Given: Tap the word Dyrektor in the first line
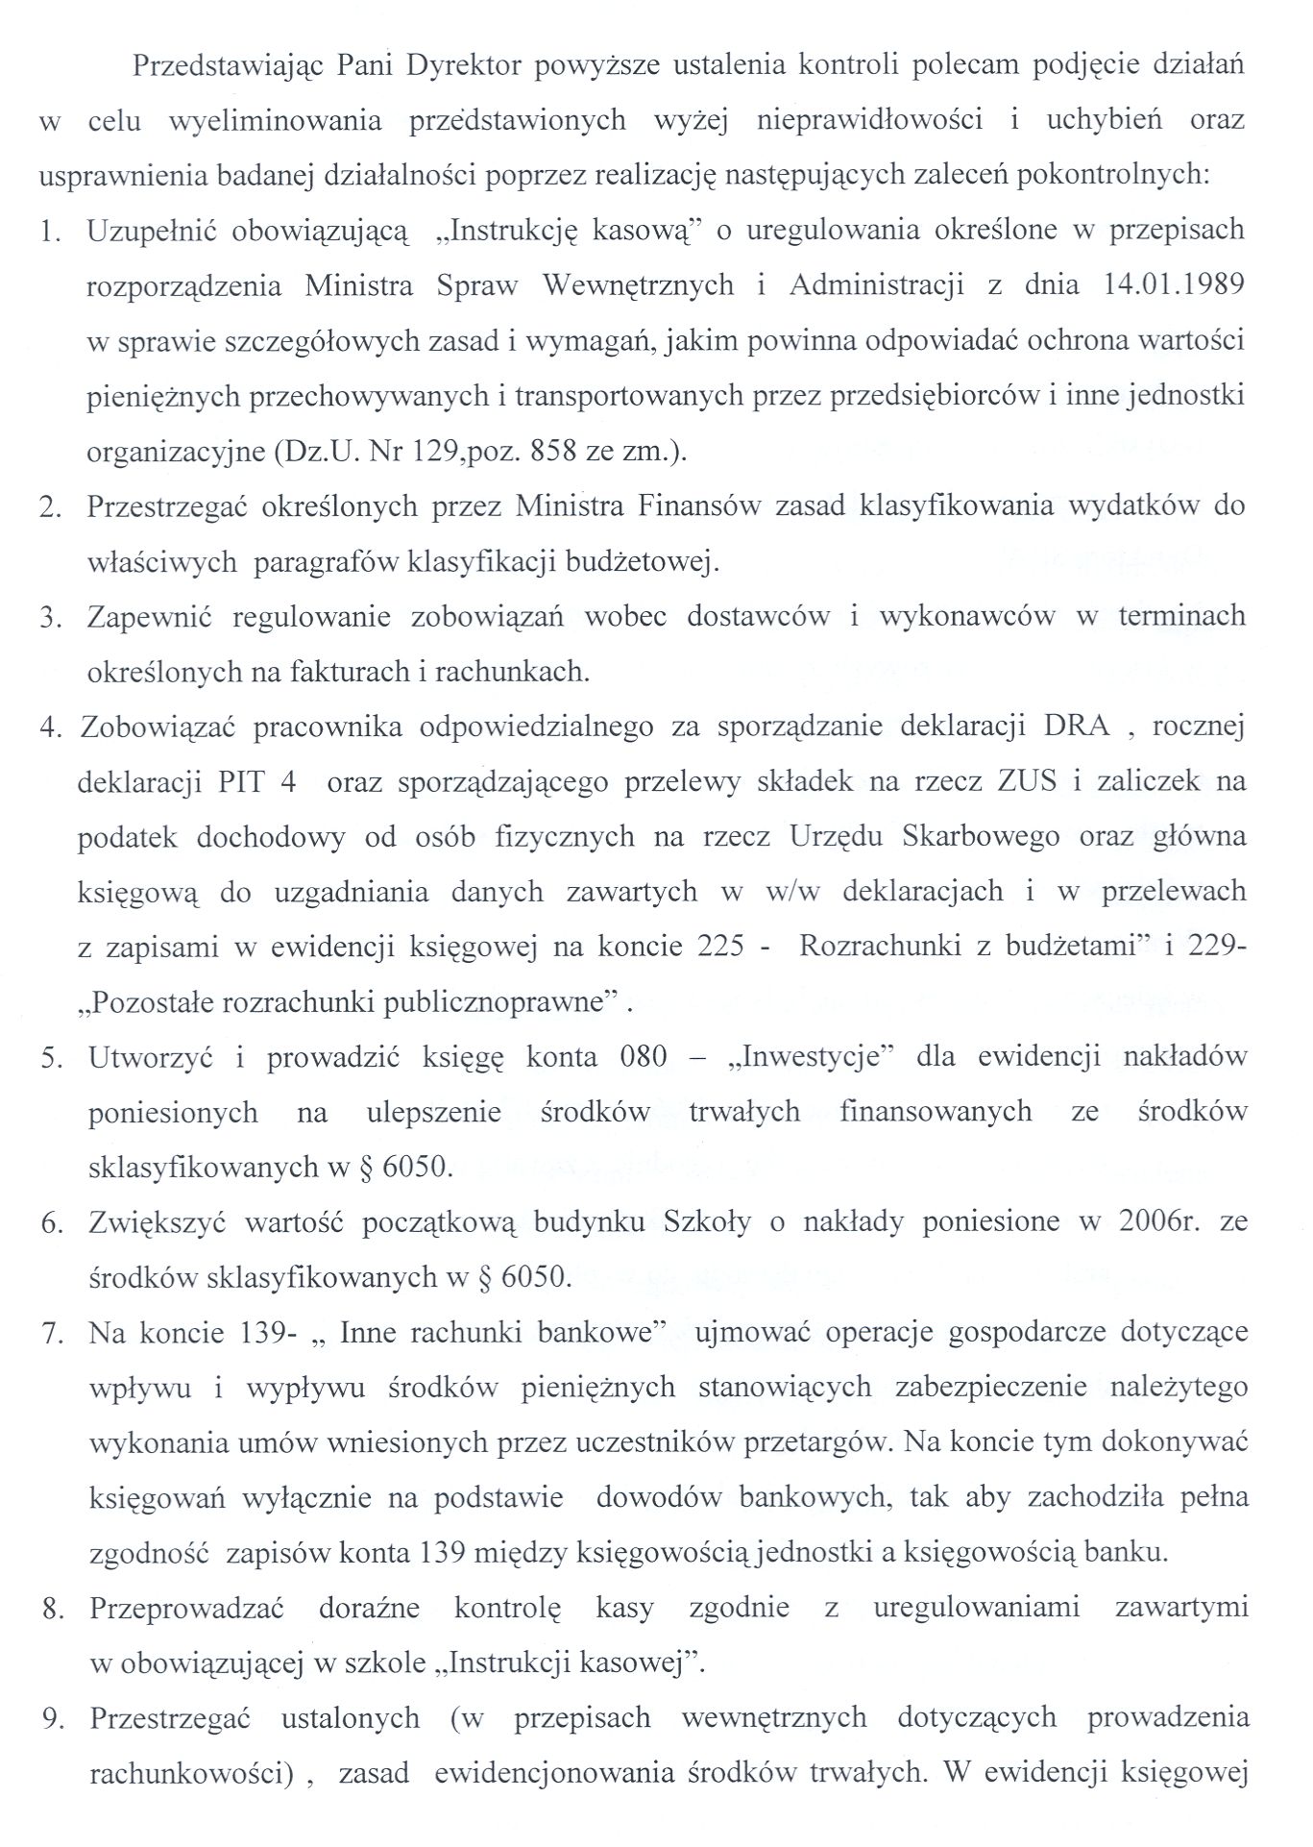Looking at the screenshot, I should (x=459, y=65).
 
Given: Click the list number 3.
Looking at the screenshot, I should (x=50, y=617).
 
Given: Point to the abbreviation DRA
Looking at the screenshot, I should (x=1077, y=726).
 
